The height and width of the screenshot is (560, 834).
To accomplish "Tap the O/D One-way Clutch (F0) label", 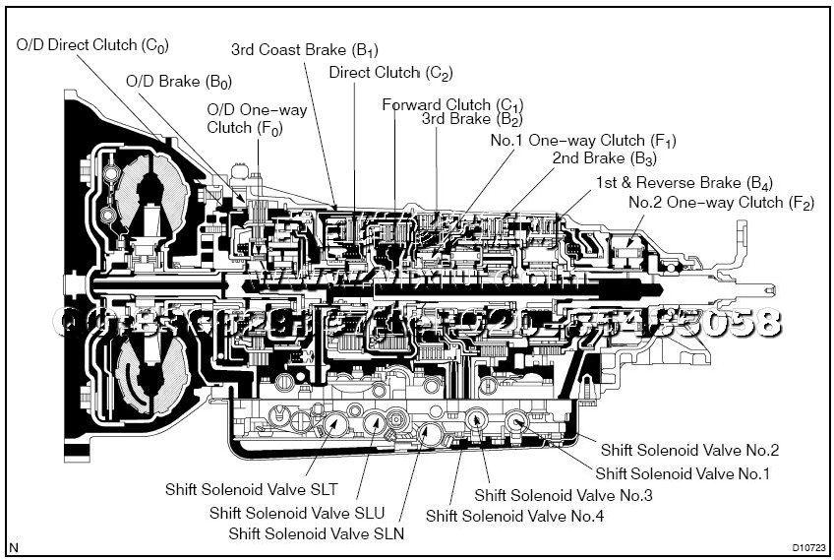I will click(256, 118).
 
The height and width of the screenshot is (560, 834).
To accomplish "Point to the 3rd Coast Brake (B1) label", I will click(305, 48).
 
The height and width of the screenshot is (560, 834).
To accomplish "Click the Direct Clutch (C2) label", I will click(390, 73).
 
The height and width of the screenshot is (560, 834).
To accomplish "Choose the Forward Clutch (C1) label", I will click(453, 104).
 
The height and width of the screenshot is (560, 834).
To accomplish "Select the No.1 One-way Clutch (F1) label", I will click(583, 141).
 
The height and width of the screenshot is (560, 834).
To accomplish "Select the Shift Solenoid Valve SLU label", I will click(297, 513).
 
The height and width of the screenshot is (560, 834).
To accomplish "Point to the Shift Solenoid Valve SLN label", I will click(317, 533).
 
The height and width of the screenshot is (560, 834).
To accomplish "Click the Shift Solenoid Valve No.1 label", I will click(683, 473).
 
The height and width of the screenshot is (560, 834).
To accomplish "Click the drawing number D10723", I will click(807, 547).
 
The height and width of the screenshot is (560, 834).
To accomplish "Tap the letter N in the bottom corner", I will click(13, 546).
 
